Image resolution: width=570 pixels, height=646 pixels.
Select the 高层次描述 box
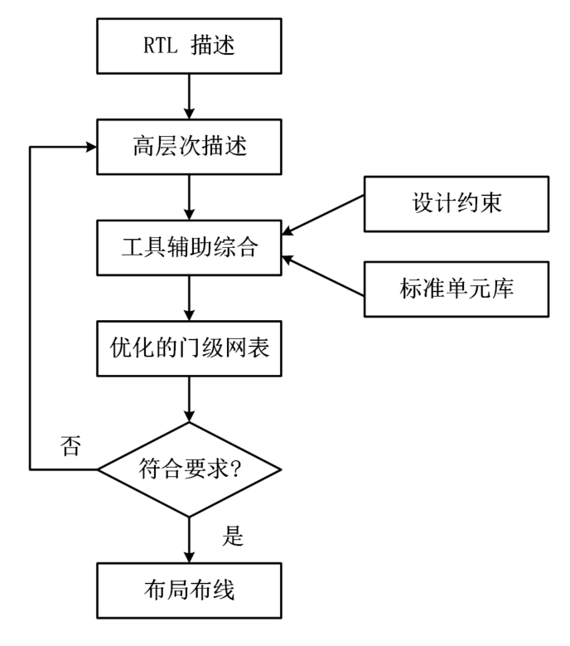(x=190, y=148)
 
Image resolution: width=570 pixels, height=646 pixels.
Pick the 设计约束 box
(x=456, y=203)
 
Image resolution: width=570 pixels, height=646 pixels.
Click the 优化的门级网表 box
(x=190, y=349)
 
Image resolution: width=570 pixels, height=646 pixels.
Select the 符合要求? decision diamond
(x=190, y=470)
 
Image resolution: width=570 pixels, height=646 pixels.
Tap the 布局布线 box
(x=190, y=590)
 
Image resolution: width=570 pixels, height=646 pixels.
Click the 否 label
(x=71, y=447)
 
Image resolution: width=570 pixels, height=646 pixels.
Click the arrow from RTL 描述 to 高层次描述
(x=190, y=95)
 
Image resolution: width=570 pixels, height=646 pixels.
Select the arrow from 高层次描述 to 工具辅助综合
(x=190, y=197)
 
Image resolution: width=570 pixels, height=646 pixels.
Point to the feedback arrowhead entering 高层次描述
(x=89, y=148)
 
